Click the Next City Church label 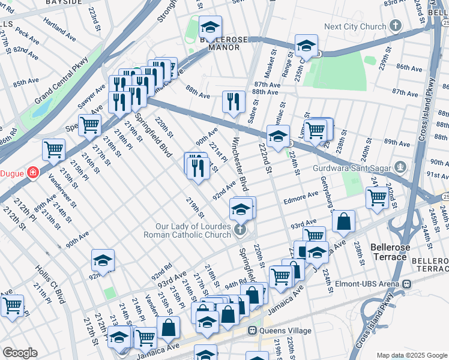click(354, 26)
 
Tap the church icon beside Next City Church click(395, 26)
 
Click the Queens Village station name click(285, 331)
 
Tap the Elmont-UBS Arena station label click(370, 283)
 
